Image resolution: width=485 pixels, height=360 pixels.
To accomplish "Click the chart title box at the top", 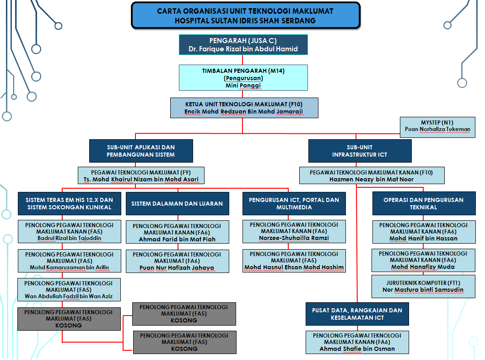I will (x=245, y=15).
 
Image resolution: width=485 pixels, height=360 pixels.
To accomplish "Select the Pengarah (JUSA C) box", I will (x=243, y=44).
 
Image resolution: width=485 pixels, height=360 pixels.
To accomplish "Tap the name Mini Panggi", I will (x=243, y=85).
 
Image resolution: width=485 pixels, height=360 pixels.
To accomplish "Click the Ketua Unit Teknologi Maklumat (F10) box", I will (x=244, y=108).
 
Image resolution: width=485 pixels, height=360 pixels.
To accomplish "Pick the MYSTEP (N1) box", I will (x=437, y=126).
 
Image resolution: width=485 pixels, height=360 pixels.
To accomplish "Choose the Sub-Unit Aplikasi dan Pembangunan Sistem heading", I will (x=140, y=151).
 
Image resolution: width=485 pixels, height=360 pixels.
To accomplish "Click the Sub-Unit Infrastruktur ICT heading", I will (x=360, y=151).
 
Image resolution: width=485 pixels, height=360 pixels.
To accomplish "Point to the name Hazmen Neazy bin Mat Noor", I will (x=371, y=180).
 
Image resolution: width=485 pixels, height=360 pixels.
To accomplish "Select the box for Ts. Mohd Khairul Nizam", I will (x=140, y=176).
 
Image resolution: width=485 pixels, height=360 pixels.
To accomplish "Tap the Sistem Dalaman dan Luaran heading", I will (x=177, y=203).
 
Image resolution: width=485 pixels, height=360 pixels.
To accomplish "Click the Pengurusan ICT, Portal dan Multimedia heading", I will (x=294, y=203).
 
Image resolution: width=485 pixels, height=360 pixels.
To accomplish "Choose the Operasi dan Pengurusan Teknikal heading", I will (x=423, y=203).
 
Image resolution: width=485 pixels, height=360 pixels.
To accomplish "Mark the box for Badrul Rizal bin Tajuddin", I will (x=69, y=232).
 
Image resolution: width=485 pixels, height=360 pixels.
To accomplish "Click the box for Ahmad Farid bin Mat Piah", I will (x=177, y=232).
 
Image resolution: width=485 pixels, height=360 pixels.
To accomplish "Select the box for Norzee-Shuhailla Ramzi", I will (x=294, y=232).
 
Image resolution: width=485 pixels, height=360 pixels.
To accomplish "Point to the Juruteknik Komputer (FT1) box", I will (x=423, y=286).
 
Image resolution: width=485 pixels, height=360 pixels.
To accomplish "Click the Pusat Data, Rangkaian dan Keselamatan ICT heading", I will (x=357, y=314).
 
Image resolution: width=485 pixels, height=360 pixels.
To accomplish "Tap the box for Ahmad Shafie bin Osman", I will (x=357, y=342).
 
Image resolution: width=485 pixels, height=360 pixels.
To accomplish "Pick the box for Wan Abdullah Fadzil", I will (x=69, y=289).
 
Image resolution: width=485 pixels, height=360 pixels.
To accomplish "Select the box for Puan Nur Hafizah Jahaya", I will (x=177, y=261).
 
